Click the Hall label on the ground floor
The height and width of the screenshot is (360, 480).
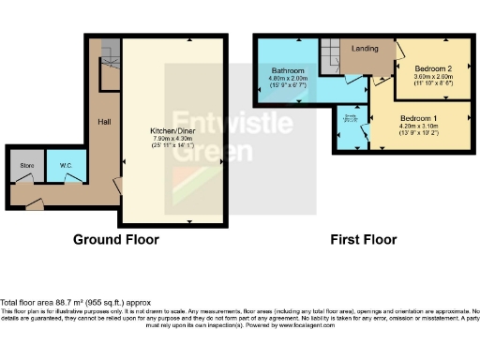click(104, 122)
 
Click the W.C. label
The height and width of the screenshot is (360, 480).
click(66, 168)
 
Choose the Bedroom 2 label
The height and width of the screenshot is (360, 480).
click(434, 68)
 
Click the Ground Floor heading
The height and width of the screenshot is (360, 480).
click(116, 239)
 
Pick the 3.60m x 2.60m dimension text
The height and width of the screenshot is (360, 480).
click(434, 77)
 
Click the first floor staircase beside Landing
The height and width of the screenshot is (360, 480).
click(330, 55)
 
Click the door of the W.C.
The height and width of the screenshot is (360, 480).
click(72, 187)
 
